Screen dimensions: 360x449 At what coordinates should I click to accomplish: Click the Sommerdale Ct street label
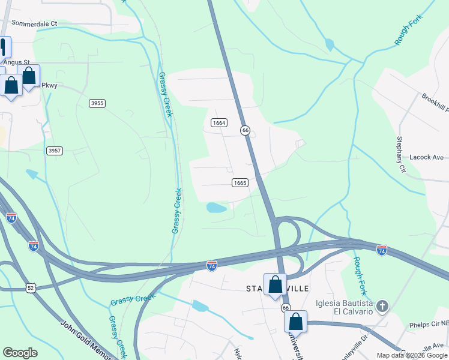point(34,23)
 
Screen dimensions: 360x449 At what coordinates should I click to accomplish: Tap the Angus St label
point(17,62)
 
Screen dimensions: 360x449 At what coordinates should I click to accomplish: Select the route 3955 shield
point(97,103)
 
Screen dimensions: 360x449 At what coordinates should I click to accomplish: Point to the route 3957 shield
point(54,151)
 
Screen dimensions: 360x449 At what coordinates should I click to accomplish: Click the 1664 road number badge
point(219,122)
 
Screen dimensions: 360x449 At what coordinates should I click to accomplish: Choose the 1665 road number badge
point(240,182)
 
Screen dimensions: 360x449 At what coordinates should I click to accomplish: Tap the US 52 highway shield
point(31,288)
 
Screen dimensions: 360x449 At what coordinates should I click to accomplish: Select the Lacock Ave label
point(426,157)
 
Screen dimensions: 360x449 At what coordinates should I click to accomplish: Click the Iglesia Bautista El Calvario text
point(344,308)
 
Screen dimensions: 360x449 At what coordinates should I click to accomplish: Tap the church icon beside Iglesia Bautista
point(382,307)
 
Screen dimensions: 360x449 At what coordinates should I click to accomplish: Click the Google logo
point(20,353)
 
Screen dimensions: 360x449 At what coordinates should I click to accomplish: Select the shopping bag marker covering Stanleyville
point(275,284)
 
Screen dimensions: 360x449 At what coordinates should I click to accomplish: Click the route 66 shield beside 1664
point(245,130)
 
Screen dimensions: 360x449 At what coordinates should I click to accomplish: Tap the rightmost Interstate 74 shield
point(382,249)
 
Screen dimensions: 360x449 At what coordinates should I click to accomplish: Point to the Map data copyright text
point(412,355)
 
